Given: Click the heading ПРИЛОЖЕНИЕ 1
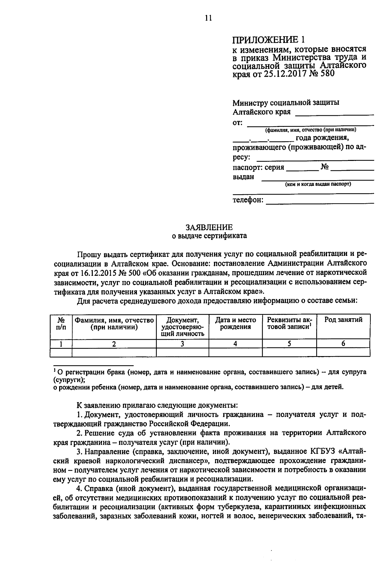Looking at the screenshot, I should [x=268, y=40].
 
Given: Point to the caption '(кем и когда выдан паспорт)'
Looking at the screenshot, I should [x=318, y=184].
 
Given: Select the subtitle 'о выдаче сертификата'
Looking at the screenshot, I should [x=209, y=236].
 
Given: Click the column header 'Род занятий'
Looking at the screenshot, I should [x=343, y=320].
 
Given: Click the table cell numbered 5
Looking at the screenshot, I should [x=289, y=343].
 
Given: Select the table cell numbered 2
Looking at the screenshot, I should [x=114, y=343].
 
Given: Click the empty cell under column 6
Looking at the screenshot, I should [x=343, y=352].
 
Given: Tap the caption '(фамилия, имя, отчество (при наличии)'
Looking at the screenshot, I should [x=310, y=130].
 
